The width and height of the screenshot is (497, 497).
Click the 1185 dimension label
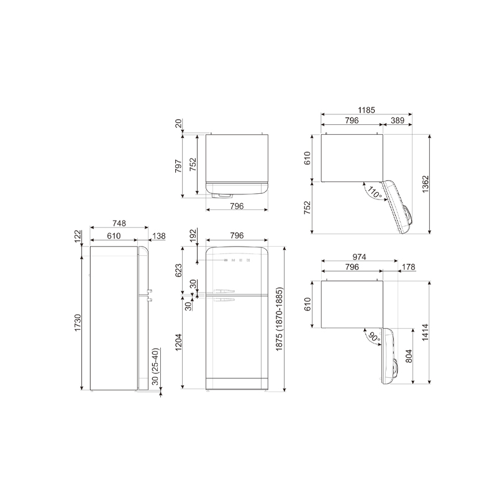coord(367,110)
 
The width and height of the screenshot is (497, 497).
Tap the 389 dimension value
coord(398,121)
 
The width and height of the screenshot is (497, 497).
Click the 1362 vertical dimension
coord(426,184)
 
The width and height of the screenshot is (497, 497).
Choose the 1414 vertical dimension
coord(426,332)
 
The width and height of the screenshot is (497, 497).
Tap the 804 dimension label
coord(409,356)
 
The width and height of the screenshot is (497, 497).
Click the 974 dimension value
coord(359,257)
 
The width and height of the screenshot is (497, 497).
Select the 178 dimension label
coord(408,267)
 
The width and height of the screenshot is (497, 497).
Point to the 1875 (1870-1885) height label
coord(279,319)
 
